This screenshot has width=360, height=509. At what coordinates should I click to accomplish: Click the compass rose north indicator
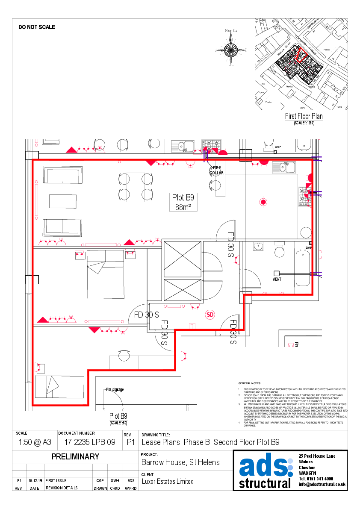pyautogui.click(x=231, y=50)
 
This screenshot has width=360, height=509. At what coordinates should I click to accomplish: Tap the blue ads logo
pyautogui.click(x=266, y=467)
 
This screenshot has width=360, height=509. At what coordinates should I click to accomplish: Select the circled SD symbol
pyautogui.click(x=210, y=315)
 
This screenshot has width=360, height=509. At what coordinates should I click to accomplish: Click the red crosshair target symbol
pyautogui.click(x=263, y=202)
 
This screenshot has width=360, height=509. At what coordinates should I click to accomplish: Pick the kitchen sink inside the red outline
pyautogui.click(x=284, y=167)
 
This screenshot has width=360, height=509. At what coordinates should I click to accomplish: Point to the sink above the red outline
pyautogui.click(x=183, y=147)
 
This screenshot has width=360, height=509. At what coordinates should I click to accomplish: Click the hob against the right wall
pyautogui.click(x=304, y=196)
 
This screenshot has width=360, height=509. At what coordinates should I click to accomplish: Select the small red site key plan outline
pyautogui.click(x=302, y=55)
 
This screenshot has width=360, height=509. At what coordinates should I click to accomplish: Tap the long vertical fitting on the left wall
pyautogui.click(x=37, y=200)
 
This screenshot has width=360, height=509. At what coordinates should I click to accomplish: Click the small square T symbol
pyautogui.click(x=192, y=326)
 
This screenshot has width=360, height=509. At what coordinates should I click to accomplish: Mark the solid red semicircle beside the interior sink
pyautogui.click(x=264, y=162)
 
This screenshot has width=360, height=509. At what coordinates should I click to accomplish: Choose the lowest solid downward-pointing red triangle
pyautogui.click(x=94, y=330)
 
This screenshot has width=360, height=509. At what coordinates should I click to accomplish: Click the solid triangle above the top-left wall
pyautogui.click(x=71, y=150)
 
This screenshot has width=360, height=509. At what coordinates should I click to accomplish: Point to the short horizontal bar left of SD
pyautogui.click(x=174, y=306)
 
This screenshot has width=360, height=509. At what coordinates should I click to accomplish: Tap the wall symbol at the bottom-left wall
pyautogui.click(x=38, y=367)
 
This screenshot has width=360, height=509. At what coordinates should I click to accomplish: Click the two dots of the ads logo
pyautogui.click(x=290, y=467)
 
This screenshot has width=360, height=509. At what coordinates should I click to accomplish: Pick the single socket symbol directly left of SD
pyautogui.click(x=195, y=306)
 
